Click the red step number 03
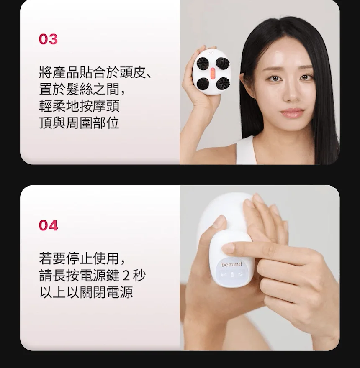click(x=48, y=39)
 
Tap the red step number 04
click(x=48, y=225)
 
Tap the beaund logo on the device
click(x=231, y=264)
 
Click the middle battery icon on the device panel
click(x=231, y=275)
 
